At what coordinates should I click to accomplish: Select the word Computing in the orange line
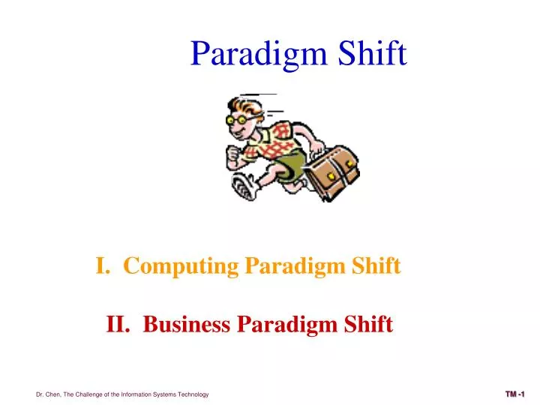coord(180,265)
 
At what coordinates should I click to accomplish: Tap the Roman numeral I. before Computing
coord(103,265)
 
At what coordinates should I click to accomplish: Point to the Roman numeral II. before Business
coord(118,325)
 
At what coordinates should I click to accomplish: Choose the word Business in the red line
coord(187,325)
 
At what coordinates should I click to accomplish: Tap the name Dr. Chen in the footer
coord(49,394)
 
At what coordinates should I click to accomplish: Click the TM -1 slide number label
coord(515,394)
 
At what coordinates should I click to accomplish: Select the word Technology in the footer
coord(192,394)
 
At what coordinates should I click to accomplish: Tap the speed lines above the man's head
coord(259,94)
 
